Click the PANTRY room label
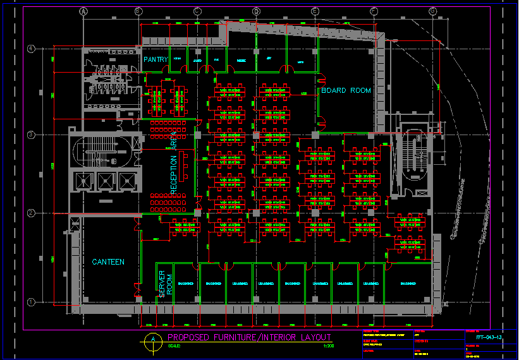pos(156,60)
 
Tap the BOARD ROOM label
pos(346,91)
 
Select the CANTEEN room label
pos(108,262)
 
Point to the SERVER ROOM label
pos(166,284)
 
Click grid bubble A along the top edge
pos(83,11)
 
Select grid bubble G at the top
pos(432,11)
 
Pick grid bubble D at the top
pos(256,11)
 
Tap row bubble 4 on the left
pos(30,49)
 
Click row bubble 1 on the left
pos(30,302)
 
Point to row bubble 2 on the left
pos(30,213)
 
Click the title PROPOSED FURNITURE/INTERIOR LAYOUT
pos(249,338)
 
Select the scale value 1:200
pos(328,346)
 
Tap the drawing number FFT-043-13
pos(489,338)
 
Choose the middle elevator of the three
pos(104,182)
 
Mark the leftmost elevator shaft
pos(83,182)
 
